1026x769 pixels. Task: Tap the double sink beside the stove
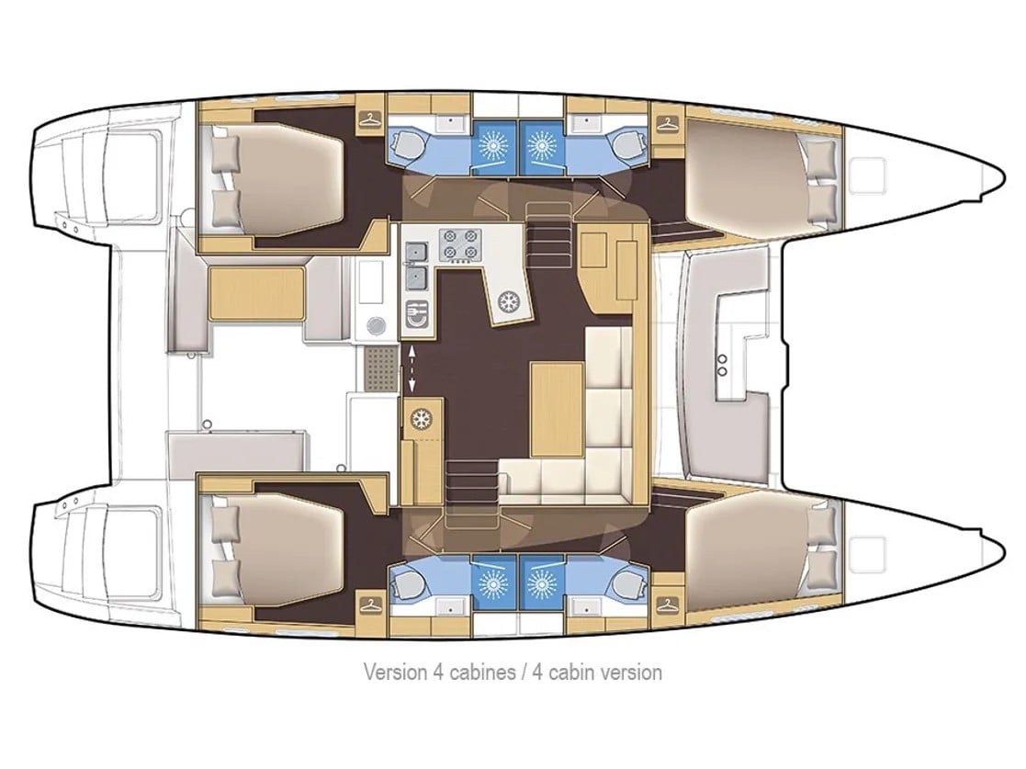(x=416, y=261)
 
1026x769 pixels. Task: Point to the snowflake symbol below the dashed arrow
(x=423, y=419)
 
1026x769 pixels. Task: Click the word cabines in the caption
(x=480, y=673)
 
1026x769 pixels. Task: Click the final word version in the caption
(x=632, y=673)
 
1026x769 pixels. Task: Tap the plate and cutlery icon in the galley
(x=416, y=312)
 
